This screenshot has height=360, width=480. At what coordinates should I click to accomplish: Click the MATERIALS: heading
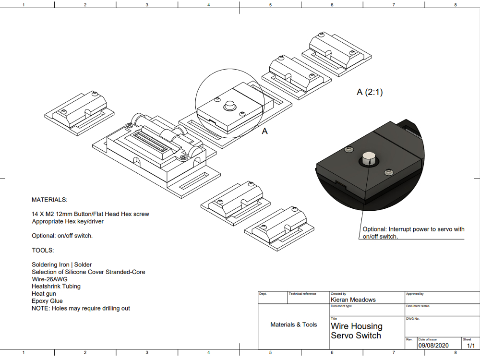[49, 200]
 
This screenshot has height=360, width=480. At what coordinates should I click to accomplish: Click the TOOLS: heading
[43, 250]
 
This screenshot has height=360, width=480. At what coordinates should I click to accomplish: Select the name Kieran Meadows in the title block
[353, 300]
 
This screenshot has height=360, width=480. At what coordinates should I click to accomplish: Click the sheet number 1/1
[468, 345]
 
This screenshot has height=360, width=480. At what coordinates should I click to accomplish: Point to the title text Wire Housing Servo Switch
[356, 331]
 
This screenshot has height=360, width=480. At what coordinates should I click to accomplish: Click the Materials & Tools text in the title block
[294, 325]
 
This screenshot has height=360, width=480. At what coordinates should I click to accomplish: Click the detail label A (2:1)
[370, 92]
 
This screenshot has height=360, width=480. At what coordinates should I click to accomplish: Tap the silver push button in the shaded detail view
[369, 158]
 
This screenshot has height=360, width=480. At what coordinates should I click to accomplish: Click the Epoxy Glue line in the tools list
[47, 301]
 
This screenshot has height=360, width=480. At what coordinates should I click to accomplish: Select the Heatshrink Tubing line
[56, 286]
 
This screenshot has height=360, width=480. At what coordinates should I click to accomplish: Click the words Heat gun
[44, 293]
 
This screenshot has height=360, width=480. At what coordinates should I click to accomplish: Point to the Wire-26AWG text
[50, 279]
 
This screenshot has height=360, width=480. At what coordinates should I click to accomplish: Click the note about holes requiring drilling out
[81, 308]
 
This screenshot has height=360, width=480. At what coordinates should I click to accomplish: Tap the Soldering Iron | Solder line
[61, 264]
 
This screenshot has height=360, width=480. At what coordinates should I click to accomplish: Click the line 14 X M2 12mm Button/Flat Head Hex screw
[90, 214]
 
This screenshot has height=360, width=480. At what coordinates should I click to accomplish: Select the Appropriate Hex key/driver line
[68, 221]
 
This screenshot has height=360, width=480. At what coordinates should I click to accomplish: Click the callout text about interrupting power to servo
[413, 232]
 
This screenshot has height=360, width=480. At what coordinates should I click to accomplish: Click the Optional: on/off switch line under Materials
[62, 236]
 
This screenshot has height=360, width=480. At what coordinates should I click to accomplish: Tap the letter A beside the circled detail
[264, 131]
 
